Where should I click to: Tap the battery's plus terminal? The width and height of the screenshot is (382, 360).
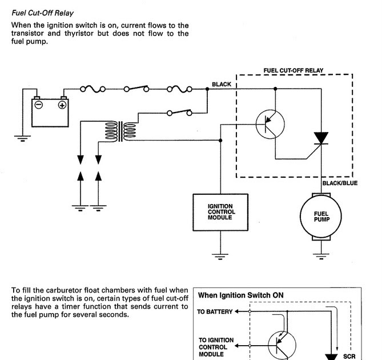click(x=62, y=105)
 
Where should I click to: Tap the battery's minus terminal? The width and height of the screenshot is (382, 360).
click(x=38, y=105)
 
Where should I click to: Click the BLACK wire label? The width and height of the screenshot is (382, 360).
click(x=221, y=85)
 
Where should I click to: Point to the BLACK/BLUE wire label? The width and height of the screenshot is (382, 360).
click(x=340, y=183)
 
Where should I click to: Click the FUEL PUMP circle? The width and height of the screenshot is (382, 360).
click(x=321, y=214)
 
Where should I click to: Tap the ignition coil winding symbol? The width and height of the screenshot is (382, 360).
click(x=120, y=130)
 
